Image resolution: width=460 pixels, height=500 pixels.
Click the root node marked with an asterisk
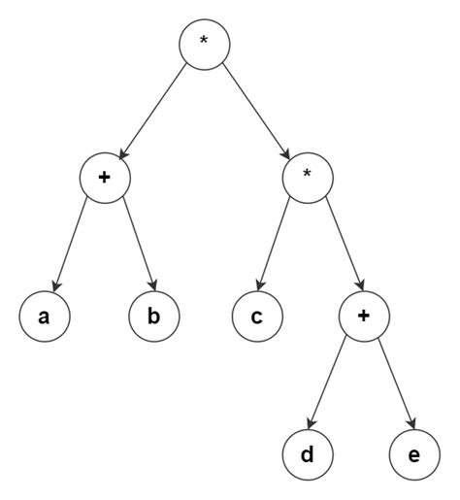[203, 42]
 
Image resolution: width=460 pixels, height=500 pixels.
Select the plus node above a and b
[105, 179]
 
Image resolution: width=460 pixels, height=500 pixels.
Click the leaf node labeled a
[44, 316]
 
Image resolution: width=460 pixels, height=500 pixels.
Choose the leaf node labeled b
[155, 316]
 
